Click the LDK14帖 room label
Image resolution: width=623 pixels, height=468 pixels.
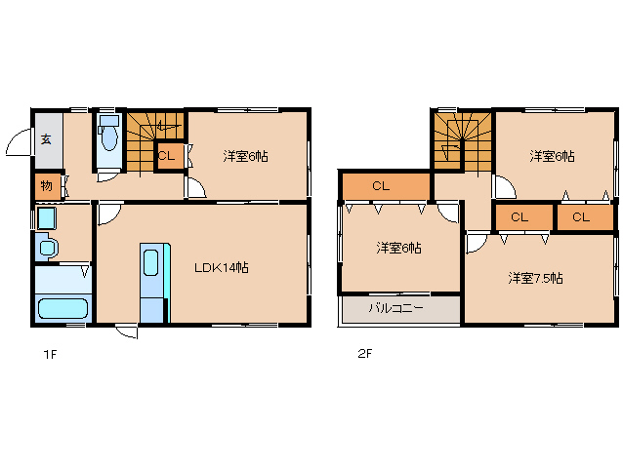(222, 268)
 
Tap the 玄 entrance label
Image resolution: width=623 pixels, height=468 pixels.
(46, 139)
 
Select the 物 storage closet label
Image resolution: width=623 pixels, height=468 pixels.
(47, 185)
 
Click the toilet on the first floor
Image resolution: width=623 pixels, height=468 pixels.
(108, 134)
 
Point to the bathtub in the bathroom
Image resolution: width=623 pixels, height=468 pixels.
(62, 309)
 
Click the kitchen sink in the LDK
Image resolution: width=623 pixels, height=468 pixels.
(151, 262)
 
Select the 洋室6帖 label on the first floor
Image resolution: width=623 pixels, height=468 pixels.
(245, 156)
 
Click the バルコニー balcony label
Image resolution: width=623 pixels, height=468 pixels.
(395, 308)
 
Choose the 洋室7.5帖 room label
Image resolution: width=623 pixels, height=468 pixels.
(535, 278)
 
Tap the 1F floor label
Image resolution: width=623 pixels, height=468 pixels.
(50, 354)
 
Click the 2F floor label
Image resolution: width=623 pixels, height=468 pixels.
(365, 353)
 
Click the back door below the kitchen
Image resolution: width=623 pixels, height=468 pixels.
(127, 331)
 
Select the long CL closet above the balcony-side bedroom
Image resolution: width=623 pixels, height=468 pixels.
(386, 186)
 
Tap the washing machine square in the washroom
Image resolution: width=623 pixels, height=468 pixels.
(47, 218)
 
